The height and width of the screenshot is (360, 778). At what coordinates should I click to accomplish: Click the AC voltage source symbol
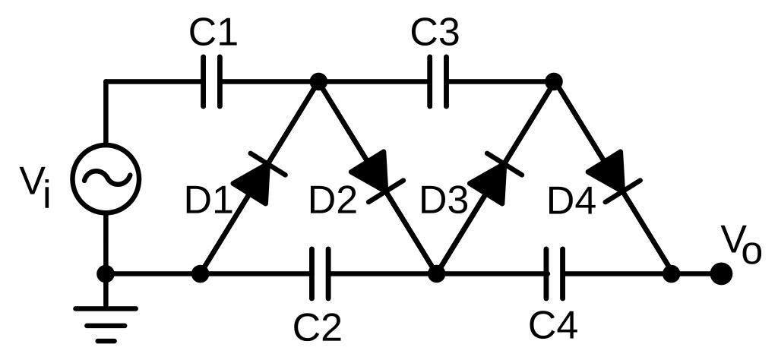pos(106,178)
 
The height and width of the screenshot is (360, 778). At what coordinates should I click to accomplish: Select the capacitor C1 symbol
pos(210,81)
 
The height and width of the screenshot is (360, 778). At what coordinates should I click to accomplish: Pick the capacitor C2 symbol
pos(321,273)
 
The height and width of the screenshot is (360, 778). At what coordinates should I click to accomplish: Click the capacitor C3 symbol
pos(438,81)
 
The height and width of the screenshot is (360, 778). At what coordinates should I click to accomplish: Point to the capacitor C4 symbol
pos(555,273)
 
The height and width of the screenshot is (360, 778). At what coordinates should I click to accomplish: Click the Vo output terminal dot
pos(720,273)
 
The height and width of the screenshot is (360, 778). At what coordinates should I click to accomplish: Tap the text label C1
pos(213,33)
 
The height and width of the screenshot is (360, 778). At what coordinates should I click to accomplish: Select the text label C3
pos(435,33)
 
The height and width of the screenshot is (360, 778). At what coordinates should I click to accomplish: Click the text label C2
pos(318,327)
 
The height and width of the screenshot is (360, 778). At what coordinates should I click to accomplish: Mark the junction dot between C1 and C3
pos(319,81)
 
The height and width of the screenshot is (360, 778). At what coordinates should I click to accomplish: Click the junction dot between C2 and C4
pos(436,273)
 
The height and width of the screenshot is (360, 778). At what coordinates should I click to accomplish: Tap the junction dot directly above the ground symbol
pos(106,273)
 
